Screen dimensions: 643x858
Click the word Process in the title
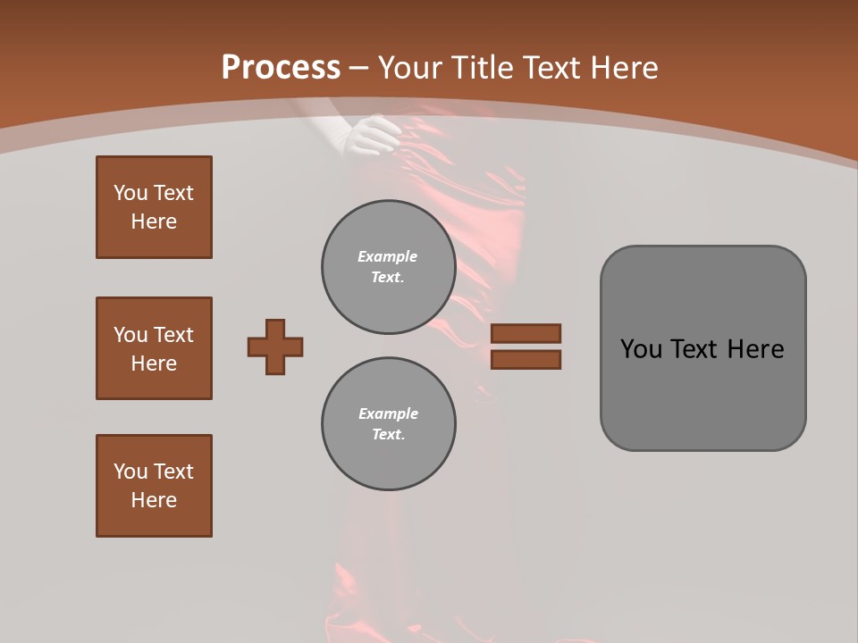(x=281, y=68)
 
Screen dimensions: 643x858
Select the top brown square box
(x=154, y=207)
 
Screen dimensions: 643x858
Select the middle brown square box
(x=154, y=348)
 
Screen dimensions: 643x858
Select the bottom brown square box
(x=154, y=486)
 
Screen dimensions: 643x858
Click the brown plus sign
(x=275, y=347)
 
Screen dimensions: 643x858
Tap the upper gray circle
(x=388, y=267)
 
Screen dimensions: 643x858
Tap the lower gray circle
(x=388, y=424)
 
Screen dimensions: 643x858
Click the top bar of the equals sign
(x=526, y=333)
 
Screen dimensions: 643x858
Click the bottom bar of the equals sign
(x=526, y=360)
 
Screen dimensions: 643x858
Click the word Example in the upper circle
(x=387, y=256)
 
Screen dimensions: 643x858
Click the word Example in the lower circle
(x=388, y=413)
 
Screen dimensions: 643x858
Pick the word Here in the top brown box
(x=154, y=221)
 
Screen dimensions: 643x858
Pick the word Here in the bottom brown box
(x=154, y=500)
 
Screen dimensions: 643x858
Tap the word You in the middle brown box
(x=129, y=335)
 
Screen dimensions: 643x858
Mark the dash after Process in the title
(x=358, y=69)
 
